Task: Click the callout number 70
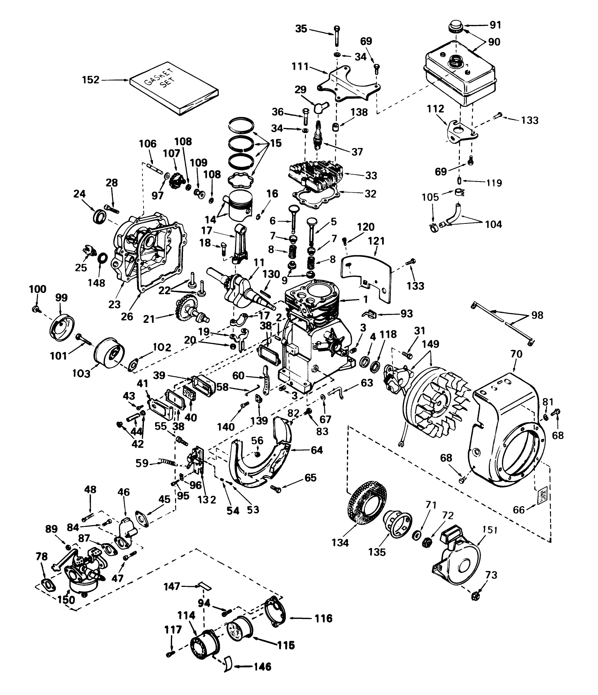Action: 516,354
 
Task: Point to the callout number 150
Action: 66,600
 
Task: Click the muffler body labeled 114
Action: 204,646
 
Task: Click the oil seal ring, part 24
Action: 100,216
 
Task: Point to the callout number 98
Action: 537,315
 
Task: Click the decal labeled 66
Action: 543,494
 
